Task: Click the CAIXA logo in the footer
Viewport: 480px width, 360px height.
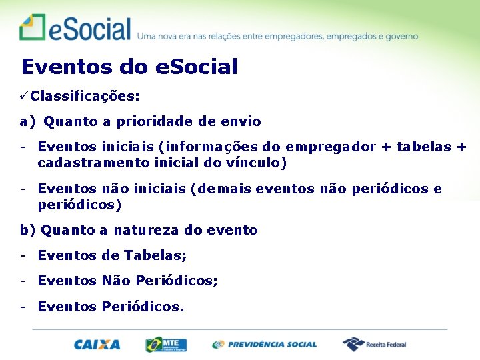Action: click(97, 345)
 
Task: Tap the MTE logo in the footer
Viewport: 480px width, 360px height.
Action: click(167, 345)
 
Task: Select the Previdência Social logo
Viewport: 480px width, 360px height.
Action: click(265, 345)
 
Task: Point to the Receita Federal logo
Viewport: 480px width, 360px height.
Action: click(375, 345)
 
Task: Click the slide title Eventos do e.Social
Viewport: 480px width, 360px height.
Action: click(129, 67)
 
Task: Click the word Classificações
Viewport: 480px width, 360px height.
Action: click(85, 96)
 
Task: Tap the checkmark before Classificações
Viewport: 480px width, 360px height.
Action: click(24, 96)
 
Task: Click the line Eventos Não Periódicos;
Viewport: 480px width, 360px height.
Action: click(127, 281)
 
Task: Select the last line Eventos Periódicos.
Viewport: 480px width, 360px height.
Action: click(111, 307)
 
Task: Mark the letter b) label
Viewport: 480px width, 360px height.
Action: click(27, 231)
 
